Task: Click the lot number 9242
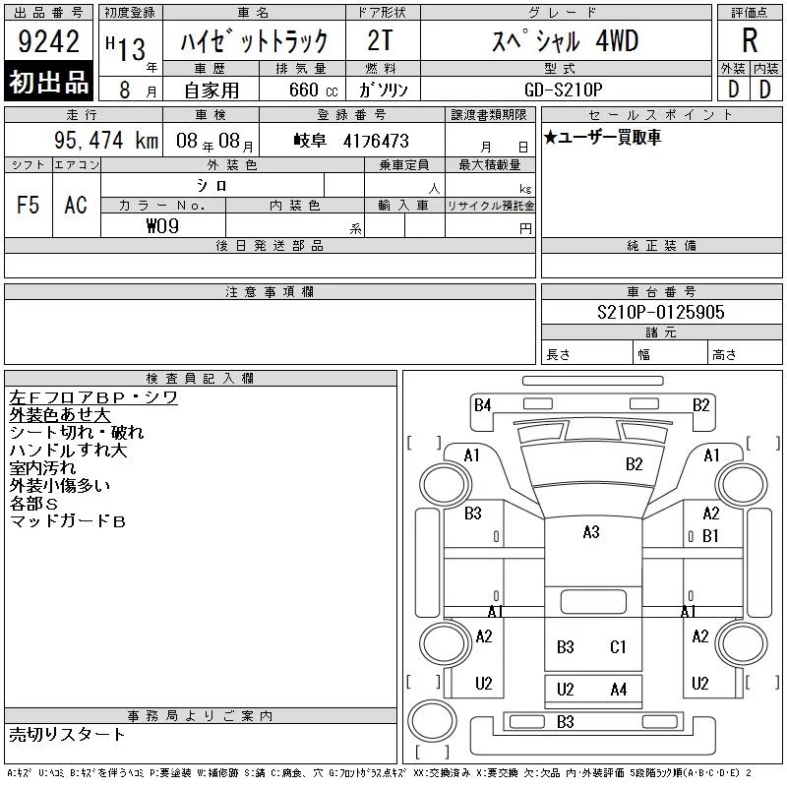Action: (x=48, y=41)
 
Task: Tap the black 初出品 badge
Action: (x=48, y=82)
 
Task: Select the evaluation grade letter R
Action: (x=750, y=40)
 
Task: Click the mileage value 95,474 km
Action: (x=106, y=140)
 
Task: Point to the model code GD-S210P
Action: (x=563, y=90)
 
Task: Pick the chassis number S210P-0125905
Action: (x=660, y=312)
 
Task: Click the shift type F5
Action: (x=29, y=205)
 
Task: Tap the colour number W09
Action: (x=162, y=226)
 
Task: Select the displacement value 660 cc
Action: (x=313, y=90)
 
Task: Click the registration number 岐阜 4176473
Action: (x=351, y=141)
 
